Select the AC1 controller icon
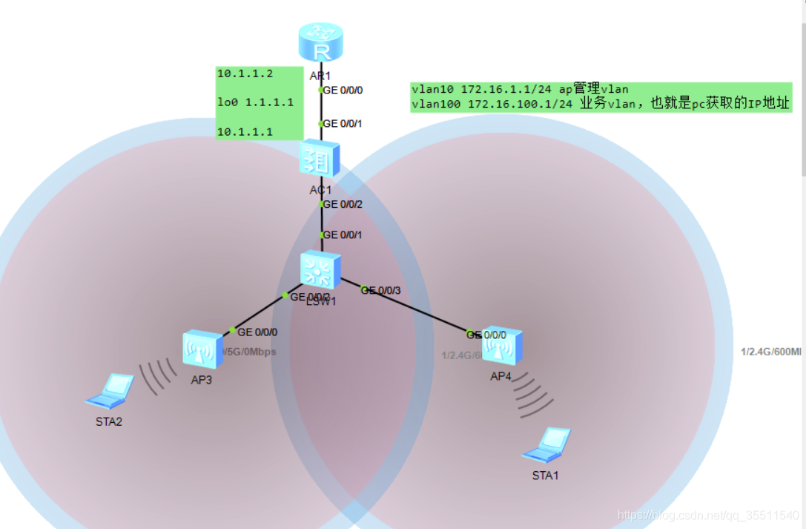[x=320, y=158]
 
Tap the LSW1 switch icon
[x=320, y=270]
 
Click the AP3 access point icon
[x=202, y=349]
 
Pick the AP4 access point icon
[x=502, y=346]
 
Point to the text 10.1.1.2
[x=245, y=73]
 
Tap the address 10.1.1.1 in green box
[x=245, y=132]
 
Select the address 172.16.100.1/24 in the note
[x=520, y=105]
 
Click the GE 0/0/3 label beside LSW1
[x=381, y=290]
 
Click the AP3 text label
[x=201, y=381]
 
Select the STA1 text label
[x=545, y=476]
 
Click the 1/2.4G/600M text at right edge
[x=771, y=352]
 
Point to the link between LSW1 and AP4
[x=408, y=306]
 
